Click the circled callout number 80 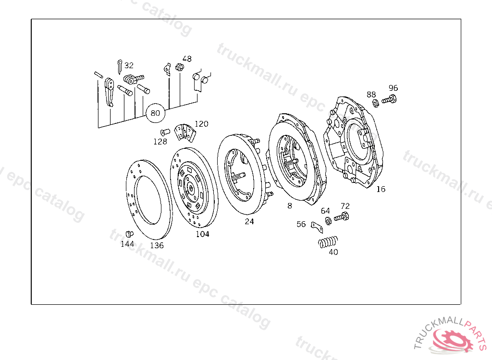155,113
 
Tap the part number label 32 129,65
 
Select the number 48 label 187,59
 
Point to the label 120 201,124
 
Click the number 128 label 160,142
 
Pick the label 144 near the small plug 127,244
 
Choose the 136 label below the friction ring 157,246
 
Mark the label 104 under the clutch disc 202,234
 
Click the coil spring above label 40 328,242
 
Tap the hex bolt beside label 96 389,100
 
